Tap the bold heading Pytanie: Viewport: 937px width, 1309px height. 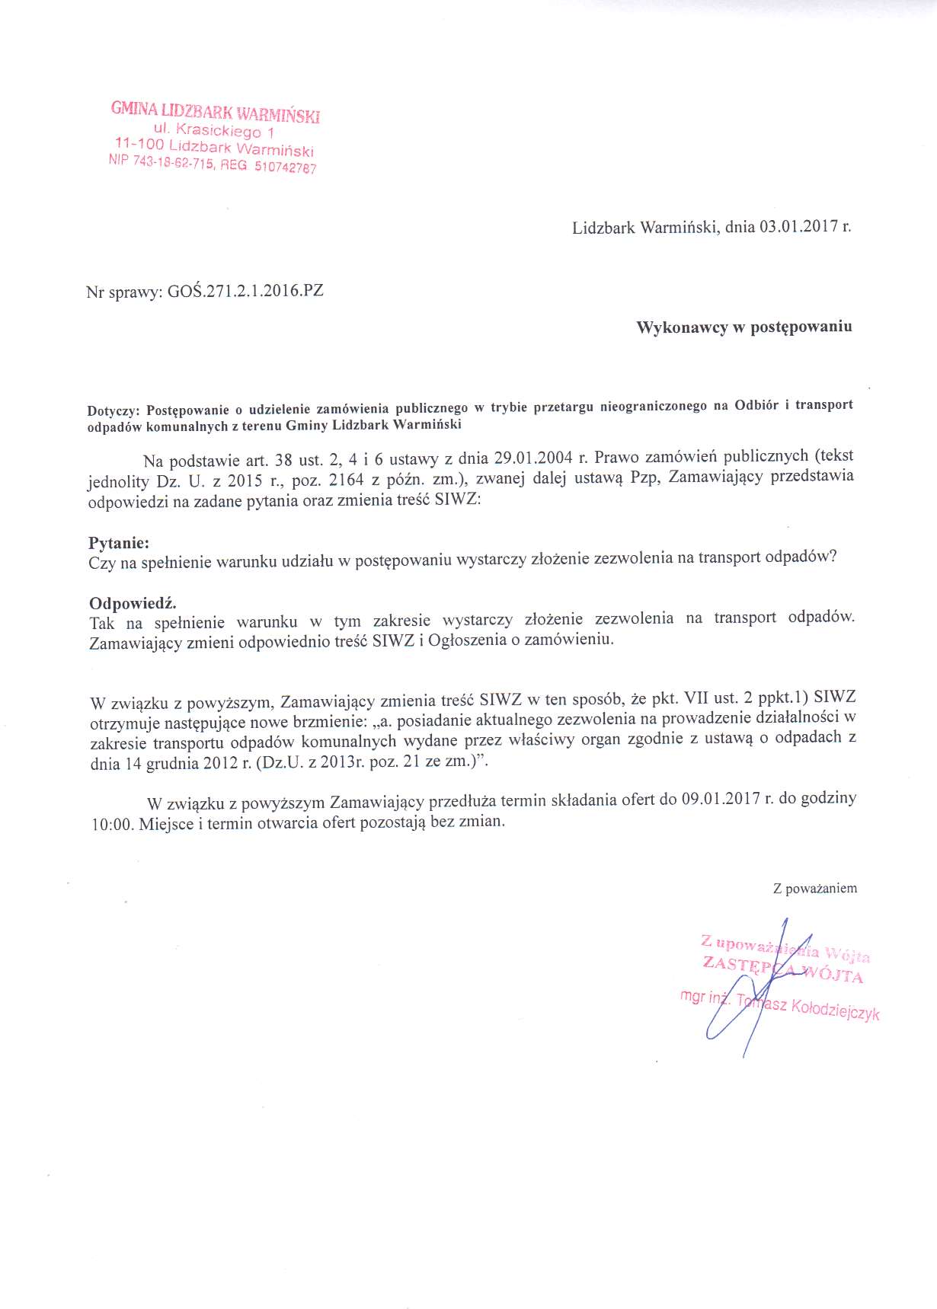(x=119, y=543)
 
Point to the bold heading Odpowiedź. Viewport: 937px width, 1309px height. (x=133, y=603)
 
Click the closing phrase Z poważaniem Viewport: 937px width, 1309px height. (x=814, y=888)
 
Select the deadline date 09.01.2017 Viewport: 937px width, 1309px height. (x=721, y=799)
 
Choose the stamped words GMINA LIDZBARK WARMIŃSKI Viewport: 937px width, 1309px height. (x=216, y=112)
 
